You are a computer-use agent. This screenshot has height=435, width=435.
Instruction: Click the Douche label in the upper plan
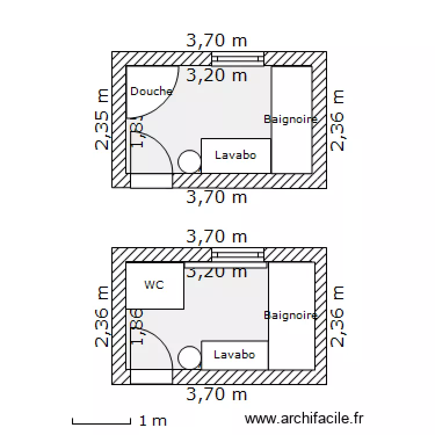pos(151,91)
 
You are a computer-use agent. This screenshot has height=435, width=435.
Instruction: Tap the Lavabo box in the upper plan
pos(235,155)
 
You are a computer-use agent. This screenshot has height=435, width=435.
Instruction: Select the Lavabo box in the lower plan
pos(234,354)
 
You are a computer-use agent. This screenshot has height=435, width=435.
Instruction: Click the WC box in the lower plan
pos(155,285)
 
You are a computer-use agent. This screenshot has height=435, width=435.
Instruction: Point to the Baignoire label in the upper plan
pos(291,119)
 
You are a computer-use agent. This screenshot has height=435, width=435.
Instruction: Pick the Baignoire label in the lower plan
pos(291,315)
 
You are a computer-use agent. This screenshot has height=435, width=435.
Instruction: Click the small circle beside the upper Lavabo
pos(189,161)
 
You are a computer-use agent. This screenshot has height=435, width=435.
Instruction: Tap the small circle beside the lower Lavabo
pos(189,357)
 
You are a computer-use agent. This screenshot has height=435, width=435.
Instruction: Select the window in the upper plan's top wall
pos(237,59)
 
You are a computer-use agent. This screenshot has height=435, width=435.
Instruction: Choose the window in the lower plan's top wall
pos(237,255)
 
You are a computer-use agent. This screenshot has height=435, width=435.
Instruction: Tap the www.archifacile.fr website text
pos(304,418)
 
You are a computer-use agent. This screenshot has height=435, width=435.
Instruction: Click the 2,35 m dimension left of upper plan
pos(103,119)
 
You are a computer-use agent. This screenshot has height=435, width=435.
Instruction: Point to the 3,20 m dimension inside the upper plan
pos(216,75)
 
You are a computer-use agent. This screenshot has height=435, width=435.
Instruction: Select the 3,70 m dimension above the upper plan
pos(216,40)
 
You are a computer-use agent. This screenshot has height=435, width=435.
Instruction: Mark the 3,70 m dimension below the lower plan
pos(216,395)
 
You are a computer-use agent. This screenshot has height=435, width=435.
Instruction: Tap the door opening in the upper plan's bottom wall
pos(151,180)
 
